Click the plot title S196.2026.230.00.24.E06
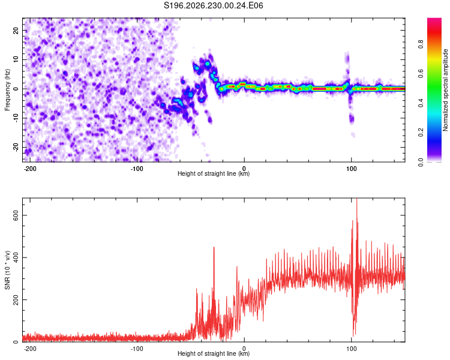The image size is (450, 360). tap(213, 5)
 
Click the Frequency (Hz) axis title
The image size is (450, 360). tap(7, 90)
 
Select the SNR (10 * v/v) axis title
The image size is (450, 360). tap(7, 270)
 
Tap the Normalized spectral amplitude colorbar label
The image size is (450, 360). tap(445, 89)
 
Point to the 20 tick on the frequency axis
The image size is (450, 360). tap(16, 31)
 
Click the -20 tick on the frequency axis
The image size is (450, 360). tap(16, 148)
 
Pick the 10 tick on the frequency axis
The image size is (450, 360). tap(16, 60)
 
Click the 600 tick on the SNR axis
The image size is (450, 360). tap(16, 215)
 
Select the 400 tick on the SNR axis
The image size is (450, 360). tap(16, 257)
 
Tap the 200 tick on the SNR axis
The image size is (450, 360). tap(16, 300)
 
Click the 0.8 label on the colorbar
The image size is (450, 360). tap(421, 44)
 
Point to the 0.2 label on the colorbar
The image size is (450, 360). tap(421, 133)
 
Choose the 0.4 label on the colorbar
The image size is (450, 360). tap(421, 103)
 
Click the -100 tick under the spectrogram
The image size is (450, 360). tap(137, 169)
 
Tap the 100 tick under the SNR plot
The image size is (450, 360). tap(351, 349)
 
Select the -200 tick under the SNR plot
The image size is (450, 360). tap(30, 349)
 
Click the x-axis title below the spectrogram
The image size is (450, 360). tap(214, 173)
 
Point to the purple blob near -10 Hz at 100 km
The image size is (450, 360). tap(352, 118)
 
